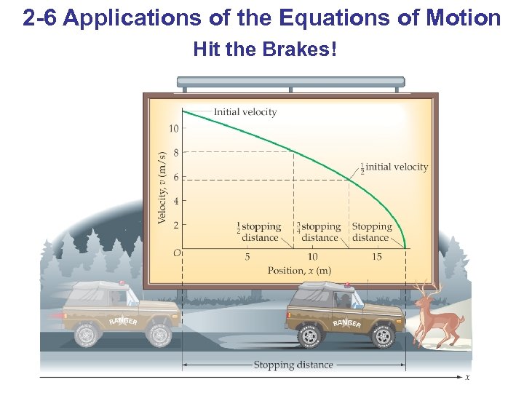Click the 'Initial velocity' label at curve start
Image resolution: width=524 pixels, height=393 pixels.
(245, 112)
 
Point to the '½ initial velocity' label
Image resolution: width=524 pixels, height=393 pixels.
(393, 167)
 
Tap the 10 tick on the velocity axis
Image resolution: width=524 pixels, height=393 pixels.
(173, 129)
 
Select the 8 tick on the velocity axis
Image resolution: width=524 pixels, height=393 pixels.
(175, 153)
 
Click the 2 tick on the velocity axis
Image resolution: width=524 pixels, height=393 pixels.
(175, 225)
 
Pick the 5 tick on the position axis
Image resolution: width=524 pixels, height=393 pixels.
(247, 257)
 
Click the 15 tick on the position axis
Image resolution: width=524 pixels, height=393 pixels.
(377, 257)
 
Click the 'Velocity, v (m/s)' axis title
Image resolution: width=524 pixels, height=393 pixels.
(162, 187)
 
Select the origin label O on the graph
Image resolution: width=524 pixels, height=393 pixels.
(175, 252)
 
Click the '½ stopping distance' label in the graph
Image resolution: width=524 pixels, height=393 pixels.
(258, 232)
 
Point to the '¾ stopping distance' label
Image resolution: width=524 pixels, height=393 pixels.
(319, 232)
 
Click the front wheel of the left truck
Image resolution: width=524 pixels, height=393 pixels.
(158, 334)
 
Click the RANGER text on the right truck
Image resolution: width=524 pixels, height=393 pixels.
(346, 322)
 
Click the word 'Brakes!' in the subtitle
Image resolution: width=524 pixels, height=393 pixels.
(303, 50)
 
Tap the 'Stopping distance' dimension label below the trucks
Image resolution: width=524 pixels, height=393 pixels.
(293, 365)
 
